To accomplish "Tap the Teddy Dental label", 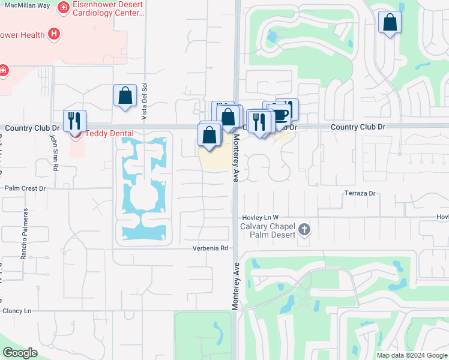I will pyautogui.click(x=108, y=133).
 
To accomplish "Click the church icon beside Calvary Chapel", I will pyautogui.click(x=304, y=229).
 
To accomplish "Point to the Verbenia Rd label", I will pyautogui.click(x=211, y=248).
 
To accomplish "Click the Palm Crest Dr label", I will pyautogui.click(x=25, y=188).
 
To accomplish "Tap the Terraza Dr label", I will pyautogui.click(x=360, y=193).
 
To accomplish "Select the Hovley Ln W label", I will pyautogui.click(x=261, y=217).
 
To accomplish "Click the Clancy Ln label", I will pyautogui.click(x=17, y=311).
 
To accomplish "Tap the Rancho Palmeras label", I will pyautogui.click(x=25, y=234).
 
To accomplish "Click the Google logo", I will pyautogui.click(x=20, y=353).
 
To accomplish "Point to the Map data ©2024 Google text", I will pyautogui.click(x=411, y=355).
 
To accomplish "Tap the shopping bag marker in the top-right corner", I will pyautogui.click(x=390, y=23).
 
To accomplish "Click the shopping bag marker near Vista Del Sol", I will pyautogui.click(x=125, y=95).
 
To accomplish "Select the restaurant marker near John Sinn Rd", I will pyautogui.click(x=74, y=121).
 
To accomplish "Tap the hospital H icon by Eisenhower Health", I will pyautogui.click(x=54, y=34).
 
